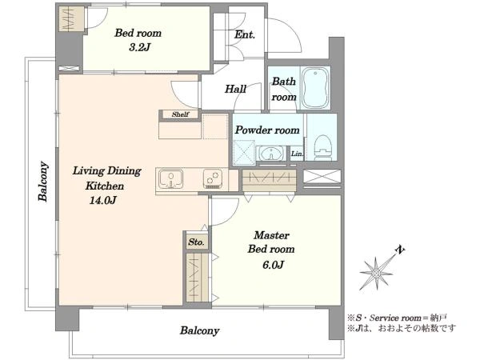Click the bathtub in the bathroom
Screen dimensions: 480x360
tap(315, 88)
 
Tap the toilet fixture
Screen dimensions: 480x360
tap(322, 147)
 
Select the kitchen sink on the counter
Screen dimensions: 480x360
tap(171, 179)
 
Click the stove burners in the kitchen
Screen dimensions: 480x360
tap(213, 178)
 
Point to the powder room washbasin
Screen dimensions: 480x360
tap(271, 153)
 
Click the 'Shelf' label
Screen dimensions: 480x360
tap(180, 114)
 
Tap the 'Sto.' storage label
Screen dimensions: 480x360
tap(196, 242)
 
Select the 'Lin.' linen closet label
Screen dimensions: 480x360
tap(297, 154)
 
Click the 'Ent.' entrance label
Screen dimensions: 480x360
tap(245, 34)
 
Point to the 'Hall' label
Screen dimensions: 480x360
tap(235, 89)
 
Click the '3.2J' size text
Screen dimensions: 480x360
tap(139, 47)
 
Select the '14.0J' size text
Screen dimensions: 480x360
tap(103, 200)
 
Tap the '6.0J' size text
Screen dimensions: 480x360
tap(273, 265)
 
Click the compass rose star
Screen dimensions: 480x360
tap(376, 273)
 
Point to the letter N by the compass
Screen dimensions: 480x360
tap(399, 250)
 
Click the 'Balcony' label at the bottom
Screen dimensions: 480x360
tap(199, 330)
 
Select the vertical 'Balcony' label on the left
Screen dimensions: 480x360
tap(43, 182)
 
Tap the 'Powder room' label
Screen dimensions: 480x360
tap(267, 130)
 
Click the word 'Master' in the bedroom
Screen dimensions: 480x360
tap(271, 235)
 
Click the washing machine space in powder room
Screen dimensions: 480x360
tap(244, 151)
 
